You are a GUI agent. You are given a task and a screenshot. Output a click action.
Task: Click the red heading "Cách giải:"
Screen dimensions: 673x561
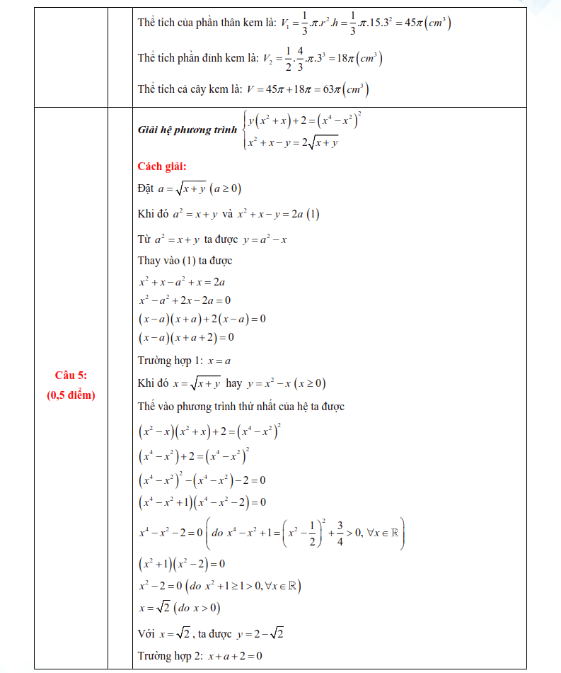tap(162, 166)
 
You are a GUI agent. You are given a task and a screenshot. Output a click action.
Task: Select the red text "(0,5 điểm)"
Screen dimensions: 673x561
tap(71, 395)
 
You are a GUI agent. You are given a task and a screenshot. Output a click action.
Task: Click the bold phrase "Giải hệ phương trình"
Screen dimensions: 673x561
tap(187, 130)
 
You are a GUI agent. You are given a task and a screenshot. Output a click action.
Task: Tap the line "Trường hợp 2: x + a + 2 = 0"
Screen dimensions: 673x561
tap(199, 655)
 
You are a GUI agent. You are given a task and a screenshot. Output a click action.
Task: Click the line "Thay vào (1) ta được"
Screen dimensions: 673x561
tap(185, 261)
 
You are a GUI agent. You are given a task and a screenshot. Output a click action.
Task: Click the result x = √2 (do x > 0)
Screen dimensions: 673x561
tap(180, 608)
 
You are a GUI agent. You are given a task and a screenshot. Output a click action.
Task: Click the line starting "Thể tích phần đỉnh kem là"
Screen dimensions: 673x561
tap(260, 57)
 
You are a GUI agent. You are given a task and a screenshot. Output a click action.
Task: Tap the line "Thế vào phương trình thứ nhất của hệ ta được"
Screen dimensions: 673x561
tap(241, 407)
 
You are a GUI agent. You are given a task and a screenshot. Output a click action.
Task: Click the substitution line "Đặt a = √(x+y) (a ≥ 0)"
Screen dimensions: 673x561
tap(190, 188)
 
